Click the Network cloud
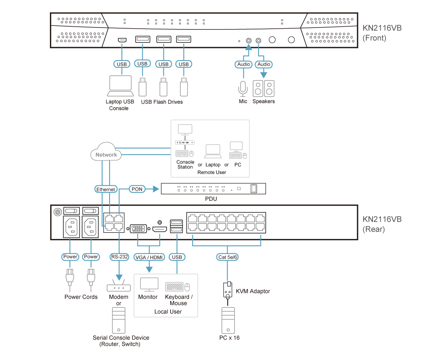click(x=106, y=154)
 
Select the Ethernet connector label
click(x=106, y=189)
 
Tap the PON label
click(x=137, y=189)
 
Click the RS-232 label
click(x=119, y=257)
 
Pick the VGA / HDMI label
click(x=149, y=257)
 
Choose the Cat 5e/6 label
click(x=227, y=257)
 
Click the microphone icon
click(x=243, y=88)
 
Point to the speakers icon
click(x=264, y=88)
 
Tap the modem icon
click(x=118, y=287)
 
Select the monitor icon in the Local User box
click(x=149, y=285)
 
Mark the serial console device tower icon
click(x=119, y=320)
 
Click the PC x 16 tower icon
click(x=228, y=320)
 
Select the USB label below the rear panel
click(x=177, y=257)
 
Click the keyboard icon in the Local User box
click(x=174, y=287)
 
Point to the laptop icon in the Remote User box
click(x=213, y=151)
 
